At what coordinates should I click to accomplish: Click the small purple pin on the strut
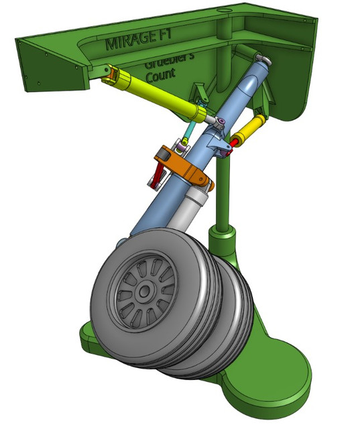click(220, 121)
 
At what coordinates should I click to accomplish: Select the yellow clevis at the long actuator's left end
click(110, 74)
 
